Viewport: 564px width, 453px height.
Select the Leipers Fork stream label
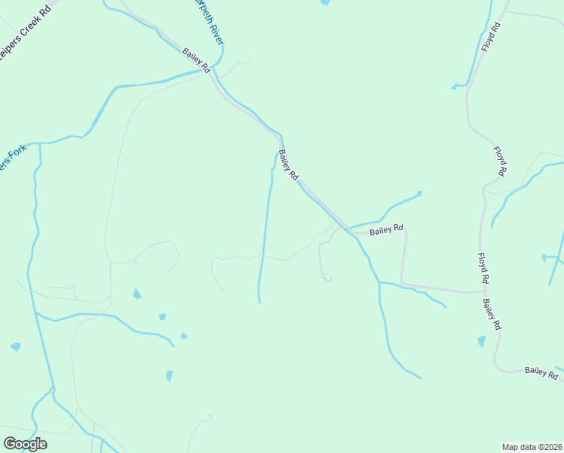point(14,158)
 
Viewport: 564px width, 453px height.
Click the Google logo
point(25,443)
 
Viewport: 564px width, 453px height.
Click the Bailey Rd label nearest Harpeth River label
point(196,60)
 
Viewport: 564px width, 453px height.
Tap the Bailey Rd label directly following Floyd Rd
point(492,314)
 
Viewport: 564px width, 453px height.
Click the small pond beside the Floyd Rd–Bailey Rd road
point(482,341)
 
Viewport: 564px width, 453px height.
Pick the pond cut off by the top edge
point(325,2)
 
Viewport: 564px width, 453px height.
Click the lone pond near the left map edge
point(16,347)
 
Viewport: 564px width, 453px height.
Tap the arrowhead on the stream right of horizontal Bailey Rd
point(419,193)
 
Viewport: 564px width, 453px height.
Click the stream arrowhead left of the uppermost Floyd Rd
point(454,87)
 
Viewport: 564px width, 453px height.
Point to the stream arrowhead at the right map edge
point(544,257)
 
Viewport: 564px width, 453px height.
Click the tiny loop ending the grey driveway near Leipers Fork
point(72,286)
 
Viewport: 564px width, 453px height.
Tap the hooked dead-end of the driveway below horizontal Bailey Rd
point(327,279)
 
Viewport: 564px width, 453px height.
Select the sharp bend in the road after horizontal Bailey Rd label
point(406,231)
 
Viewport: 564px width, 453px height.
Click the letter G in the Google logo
point(10,443)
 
